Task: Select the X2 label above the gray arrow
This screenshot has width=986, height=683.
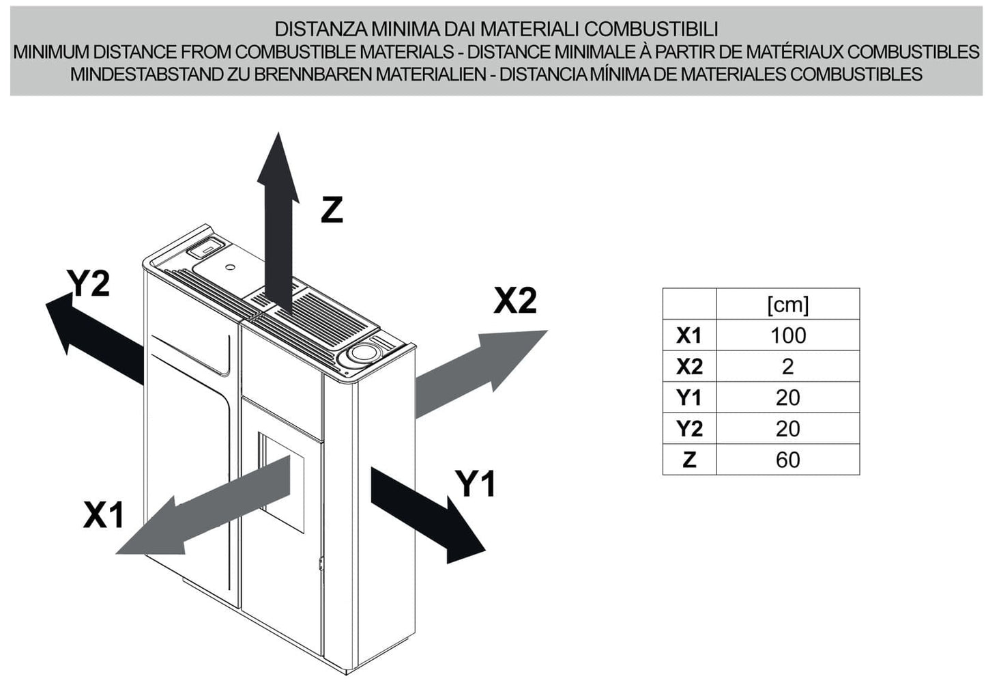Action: click(515, 300)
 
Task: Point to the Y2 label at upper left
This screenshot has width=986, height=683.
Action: click(88, 283)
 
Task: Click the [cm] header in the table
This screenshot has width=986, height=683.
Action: click(787, 304)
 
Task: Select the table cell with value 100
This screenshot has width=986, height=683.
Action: click(787, 335)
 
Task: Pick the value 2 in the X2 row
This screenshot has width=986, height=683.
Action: click(787, 367)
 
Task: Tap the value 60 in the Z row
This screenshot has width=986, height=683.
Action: click(787, 460)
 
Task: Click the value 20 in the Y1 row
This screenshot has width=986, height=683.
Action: click(787, 398)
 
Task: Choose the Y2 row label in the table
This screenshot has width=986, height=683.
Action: click(689, 429)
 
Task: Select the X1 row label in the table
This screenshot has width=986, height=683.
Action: click(689, 335)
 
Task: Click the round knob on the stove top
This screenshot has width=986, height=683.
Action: click(362, 354)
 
